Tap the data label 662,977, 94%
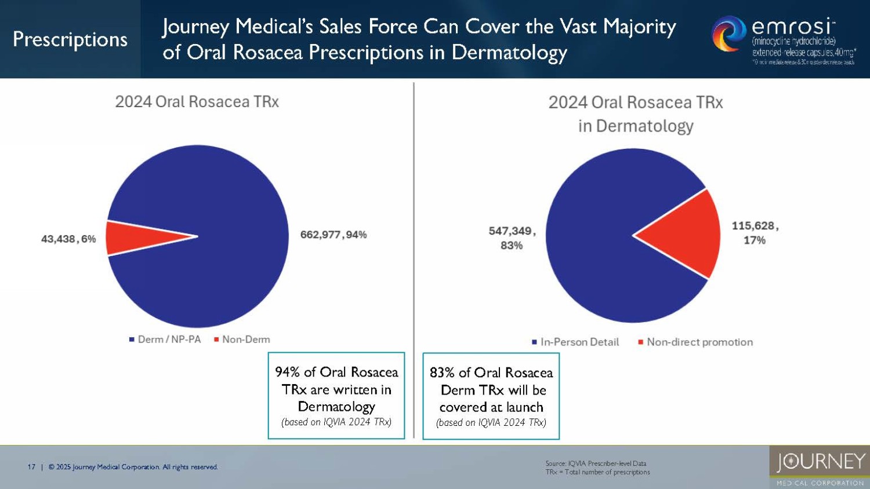point(333,235)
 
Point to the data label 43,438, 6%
point(68,239)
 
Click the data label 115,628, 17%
point(755,233)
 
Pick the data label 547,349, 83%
point(512,238)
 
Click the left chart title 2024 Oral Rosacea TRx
point(197,102)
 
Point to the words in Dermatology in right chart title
point(636,126)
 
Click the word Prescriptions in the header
point(70,39)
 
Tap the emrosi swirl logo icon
point(728,34)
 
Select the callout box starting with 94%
point(336,396)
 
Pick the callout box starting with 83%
point(491,396)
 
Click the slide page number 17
point(31,467)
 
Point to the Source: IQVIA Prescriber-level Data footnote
point(596,464)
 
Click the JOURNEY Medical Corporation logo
point(820,466)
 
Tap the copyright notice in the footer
point(133,467)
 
